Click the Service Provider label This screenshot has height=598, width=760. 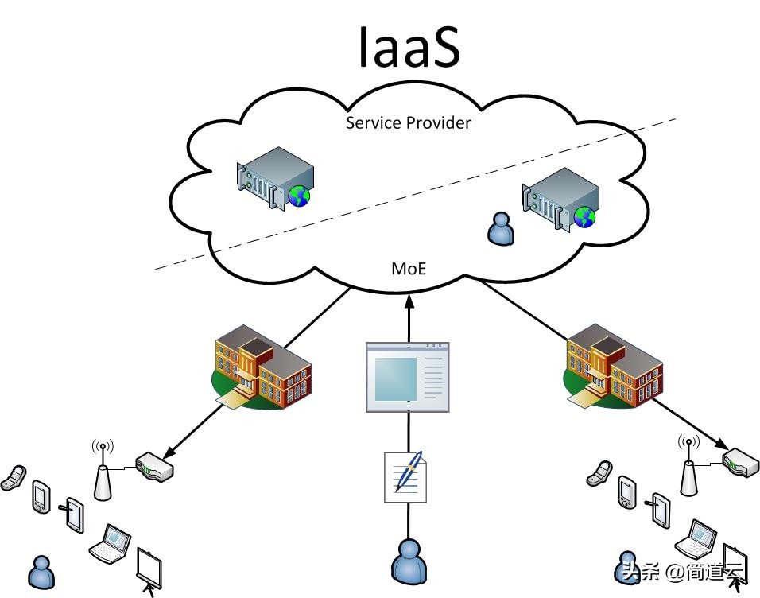pyautogui.click(x=409, y=122)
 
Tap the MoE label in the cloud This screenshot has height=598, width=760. pyautogui.click(x=409, y=269)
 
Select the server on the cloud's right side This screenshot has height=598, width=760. pyautogui.click(x=559, y=198)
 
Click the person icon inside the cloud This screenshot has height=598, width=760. pyautogui.click(x=500, y=229)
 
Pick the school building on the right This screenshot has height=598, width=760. pyautogui.click(x=613, y=367)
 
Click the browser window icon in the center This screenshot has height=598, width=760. pyautogui.click(x=407, y=377)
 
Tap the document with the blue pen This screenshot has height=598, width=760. pyautogui.click(x=405, y=476)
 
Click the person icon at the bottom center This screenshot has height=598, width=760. pyautogui.click(x=409, y=561)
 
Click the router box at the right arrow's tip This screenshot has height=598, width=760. pyautogui.click(x=740, y=462)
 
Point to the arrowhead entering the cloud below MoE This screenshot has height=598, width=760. pyautogui.click(x=409, y=300)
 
